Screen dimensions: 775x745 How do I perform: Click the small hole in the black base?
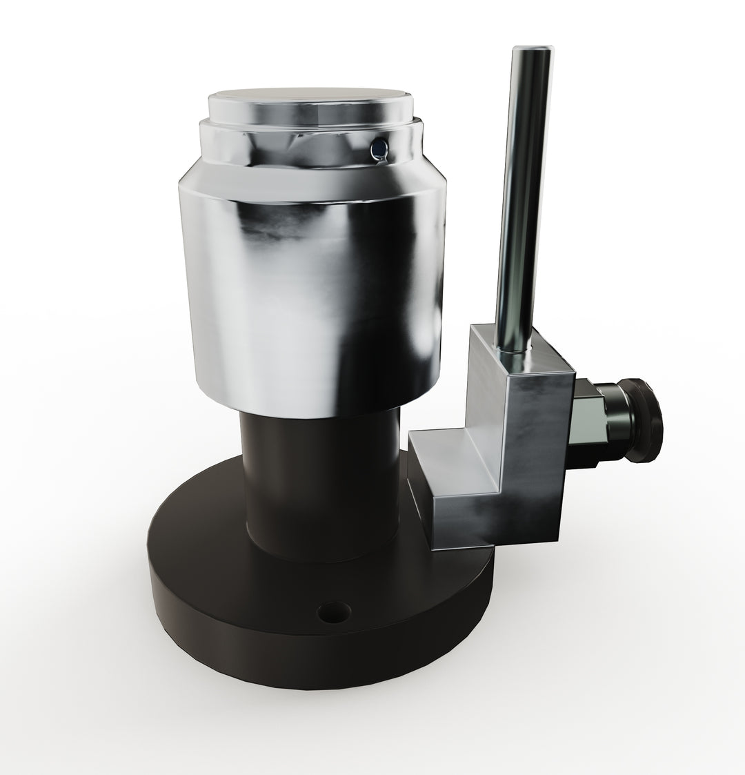[332, 611]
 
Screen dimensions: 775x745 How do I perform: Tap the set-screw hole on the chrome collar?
[377, 147]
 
